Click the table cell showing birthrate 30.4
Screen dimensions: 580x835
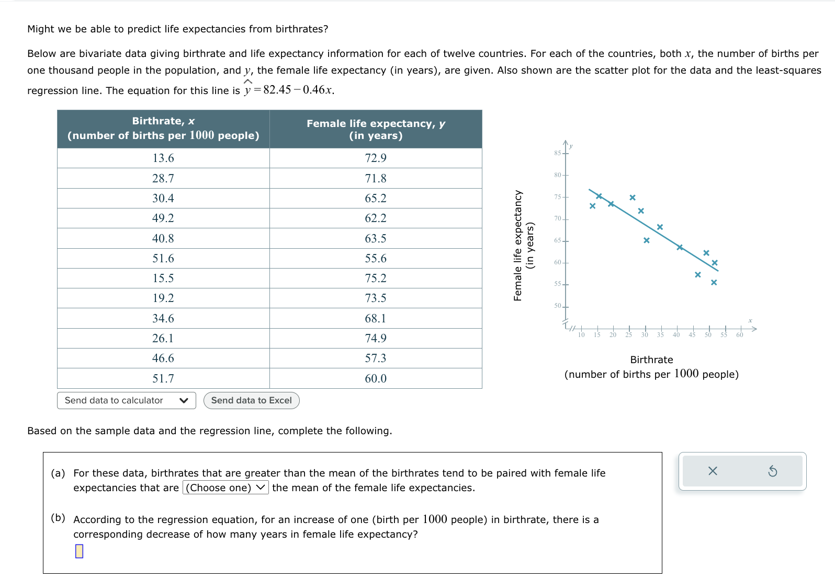click(163, 199)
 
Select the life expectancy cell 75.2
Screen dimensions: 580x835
click(376, 279)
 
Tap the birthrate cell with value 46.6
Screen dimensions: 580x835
click(163, 358)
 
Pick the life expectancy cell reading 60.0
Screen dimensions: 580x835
click(376, 378)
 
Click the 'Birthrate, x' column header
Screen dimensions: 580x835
click(163, 129)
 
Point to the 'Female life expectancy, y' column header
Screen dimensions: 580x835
click(376, 130)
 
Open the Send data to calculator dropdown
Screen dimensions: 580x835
click(126, 401)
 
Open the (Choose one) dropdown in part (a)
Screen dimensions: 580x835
click(225, 488)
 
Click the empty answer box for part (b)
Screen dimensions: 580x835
click(79, 551)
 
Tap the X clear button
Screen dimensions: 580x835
click(713, 471)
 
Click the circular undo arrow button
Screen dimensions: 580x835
click(772, 471)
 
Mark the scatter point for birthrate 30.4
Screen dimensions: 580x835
click(647, 240)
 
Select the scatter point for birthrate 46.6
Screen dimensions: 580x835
click(697, 275)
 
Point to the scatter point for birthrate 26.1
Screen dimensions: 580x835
click(633, 198)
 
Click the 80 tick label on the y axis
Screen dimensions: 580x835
click(558, 175)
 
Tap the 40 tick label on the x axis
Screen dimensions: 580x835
click(676, 335)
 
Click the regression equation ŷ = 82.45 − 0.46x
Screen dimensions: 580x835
click(289, 90)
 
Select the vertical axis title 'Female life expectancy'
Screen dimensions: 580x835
click(518, 245)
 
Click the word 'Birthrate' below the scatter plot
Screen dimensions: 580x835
click(651, 359)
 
